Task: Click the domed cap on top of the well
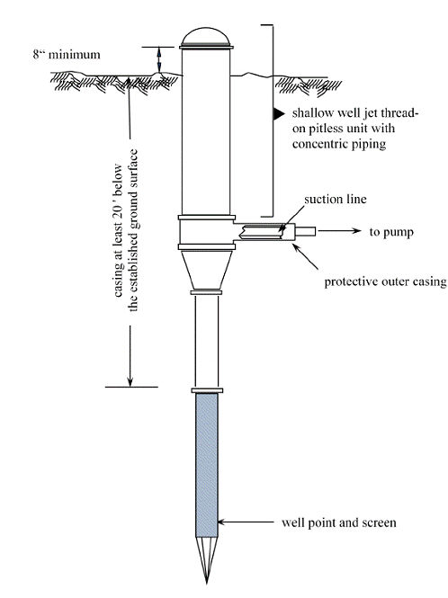(x=206, y=35)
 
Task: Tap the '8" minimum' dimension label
(x=67, y=54)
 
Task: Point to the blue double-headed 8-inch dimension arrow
(x=159, y=59)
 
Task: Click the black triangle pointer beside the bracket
(x=279, y=113)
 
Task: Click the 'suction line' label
(x=336, y=199)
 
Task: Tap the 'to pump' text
(x=391, y=232)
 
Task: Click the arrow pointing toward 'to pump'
(x=339, y=231)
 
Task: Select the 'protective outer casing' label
(x=385, y=281)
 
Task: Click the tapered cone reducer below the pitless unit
(x=206, y=270)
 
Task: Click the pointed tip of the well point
(x=206, y=583)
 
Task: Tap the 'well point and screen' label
(x=339, y=522)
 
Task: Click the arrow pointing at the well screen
(x=246, y=522)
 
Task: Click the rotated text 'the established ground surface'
(x=133, y=230)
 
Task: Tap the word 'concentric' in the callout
(x=319, y=144)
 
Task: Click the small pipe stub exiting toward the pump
(x=305, y=231)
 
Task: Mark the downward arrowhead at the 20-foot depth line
(x=130, y=382)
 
